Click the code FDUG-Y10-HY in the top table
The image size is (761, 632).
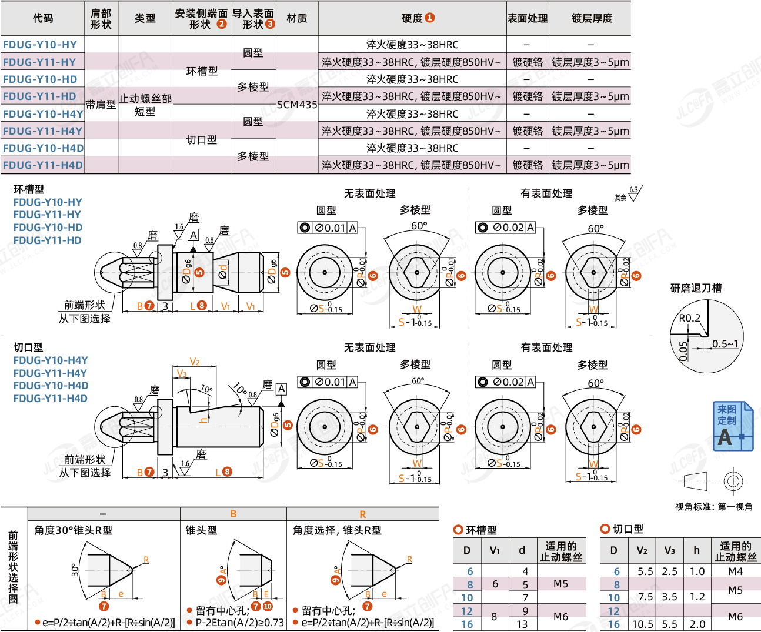40,45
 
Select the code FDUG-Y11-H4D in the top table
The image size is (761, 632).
43,165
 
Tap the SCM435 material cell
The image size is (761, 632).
297,105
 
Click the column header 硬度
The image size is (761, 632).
412,18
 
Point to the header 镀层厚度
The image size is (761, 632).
592,18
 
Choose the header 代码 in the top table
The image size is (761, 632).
43,18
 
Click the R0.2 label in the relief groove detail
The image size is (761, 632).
689,318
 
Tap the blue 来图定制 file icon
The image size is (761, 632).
733,426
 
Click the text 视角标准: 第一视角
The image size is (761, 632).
713,506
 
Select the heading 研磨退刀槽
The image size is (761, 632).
696,288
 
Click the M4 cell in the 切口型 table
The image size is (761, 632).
735,571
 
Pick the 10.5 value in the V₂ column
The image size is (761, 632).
643,624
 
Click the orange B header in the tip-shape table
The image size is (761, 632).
233,514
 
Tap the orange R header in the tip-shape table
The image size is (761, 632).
362,514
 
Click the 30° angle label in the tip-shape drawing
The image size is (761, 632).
75,569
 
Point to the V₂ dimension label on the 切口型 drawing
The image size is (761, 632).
195,362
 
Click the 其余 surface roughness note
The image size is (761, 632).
620,198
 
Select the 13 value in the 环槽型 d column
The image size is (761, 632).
522,624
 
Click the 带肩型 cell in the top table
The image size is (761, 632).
101,105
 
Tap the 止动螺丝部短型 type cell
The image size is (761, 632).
145,105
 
